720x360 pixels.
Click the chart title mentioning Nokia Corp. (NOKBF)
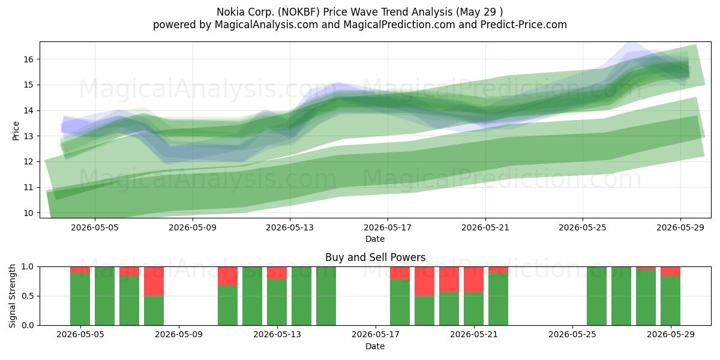click(359, 12)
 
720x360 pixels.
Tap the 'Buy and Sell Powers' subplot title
click(375, 257)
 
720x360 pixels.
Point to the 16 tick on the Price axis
click(28, 59)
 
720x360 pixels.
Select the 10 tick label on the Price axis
click(28, 213)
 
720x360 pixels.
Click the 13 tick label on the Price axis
click(28, 136)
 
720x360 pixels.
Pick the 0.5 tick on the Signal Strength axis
click(28, 296)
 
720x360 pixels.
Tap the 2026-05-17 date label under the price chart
click(388, 227)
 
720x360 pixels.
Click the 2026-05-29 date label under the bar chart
click(671, 335)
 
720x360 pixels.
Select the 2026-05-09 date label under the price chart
click(193, 227)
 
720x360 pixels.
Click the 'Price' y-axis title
click(16, 131)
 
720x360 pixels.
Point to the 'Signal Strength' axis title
click(12, 296)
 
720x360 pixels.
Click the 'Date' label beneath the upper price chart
click(375, 239)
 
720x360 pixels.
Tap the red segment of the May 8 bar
click(154, 281)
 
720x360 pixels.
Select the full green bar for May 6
click(104, 296)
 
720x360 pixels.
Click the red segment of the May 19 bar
click(424, 281)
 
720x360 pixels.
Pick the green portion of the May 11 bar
click(227, 305)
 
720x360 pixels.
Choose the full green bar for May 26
click(596, 296)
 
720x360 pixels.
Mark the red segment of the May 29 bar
click(671, 271)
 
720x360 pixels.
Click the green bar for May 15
click(326, 296)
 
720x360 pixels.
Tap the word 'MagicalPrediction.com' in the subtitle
click(399, 25)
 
